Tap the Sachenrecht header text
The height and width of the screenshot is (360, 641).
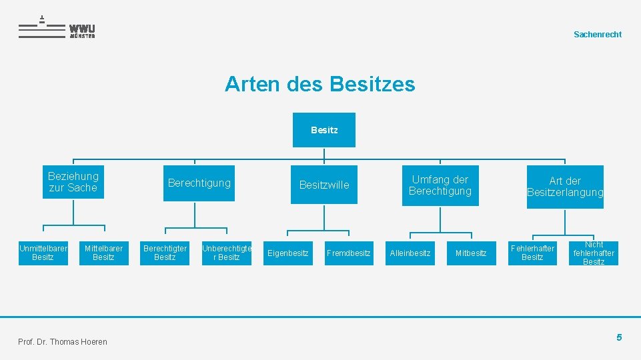tap(597, 35)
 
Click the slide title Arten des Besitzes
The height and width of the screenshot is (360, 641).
tap(319, 85)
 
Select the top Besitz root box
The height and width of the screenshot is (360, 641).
tap(324, 130)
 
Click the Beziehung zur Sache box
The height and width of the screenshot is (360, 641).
tap(73, 182)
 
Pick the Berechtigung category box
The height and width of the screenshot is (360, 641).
tap(199, 183)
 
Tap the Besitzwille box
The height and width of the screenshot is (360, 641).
tap(324, 185)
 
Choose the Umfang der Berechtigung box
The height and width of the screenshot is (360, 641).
tap(440, 185)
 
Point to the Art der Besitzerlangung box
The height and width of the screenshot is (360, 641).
tap(565, 187)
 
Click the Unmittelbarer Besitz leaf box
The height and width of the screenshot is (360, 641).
tap(43, 253)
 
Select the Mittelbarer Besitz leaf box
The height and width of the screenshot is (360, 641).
tap(103, 253)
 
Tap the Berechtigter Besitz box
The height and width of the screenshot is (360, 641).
tap(165, 253)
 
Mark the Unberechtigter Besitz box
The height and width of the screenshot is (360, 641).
tap(227, 253)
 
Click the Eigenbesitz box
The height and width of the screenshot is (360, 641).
tap(288, 253)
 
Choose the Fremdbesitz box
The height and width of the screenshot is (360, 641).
tap(349, 253)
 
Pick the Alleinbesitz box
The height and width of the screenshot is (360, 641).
tap(410, 253)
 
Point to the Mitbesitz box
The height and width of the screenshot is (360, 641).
tap(471, 253)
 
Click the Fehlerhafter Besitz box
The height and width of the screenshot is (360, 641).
tap(532, 253)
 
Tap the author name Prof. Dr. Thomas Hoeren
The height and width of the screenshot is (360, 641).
tap(63, 342)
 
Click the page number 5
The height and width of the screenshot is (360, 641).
tap(619, 337)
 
